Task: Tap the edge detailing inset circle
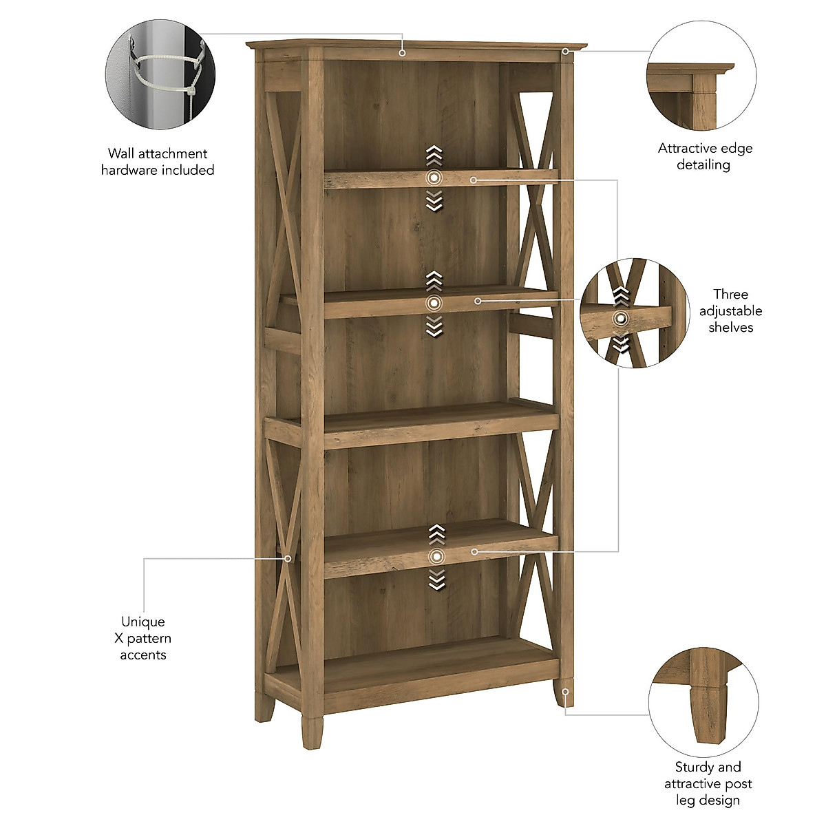click(x=701, y=76)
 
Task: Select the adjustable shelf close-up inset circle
click(x=634, y=313)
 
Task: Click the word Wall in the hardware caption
click(x=122, y=153)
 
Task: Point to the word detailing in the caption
click(x=703, y=165)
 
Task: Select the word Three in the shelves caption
click(x=730, y=295)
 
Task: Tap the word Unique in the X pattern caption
click(x=143, y=622)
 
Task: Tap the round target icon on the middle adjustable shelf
click(x=434, y=303)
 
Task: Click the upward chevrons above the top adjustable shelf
click(x=434, y=156)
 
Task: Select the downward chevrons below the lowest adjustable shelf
click(x=436, y=580)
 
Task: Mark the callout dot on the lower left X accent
click(x=288, y=558)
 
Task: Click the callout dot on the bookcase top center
click(x=403, y=52)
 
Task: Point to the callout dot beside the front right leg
click(x=565, y=691)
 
